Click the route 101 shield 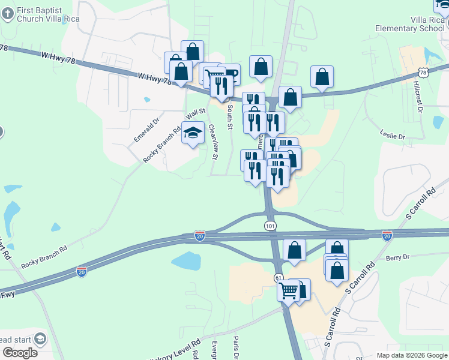[x=270, y=224]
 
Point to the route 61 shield [x=279, y=278]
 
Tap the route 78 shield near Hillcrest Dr [x=424, y=73]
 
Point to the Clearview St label [x=212, y=142]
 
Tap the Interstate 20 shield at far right [x=387, y=236]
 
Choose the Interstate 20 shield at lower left [x=82, y=271]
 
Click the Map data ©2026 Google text [x=411, y=355]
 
